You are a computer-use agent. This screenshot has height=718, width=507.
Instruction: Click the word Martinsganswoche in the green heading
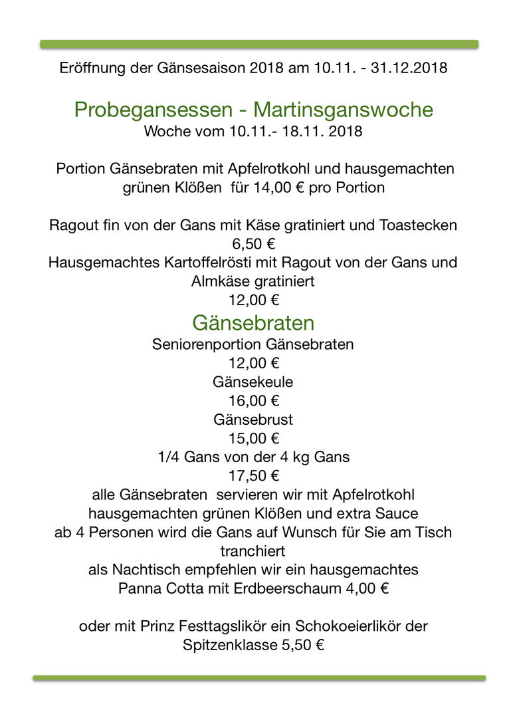coord(343,110)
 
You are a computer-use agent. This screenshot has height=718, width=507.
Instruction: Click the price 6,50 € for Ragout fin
coord(253,244)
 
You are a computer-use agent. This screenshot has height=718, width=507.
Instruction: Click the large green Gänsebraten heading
coord(253,323)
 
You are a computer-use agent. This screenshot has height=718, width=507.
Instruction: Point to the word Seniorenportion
coord(207,345)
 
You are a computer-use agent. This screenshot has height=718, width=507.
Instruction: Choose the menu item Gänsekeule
coord(253,382)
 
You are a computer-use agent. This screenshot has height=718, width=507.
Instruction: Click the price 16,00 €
coord(253,401)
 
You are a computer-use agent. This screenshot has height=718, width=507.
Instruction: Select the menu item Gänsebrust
coord(253,419)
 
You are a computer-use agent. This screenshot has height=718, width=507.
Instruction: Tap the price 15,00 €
coord(253,439)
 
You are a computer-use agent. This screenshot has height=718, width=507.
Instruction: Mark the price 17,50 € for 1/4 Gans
coord(253,476)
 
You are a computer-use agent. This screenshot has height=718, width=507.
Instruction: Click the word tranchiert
coord(253,551)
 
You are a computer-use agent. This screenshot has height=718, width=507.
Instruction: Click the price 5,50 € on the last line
coord(302,645)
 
